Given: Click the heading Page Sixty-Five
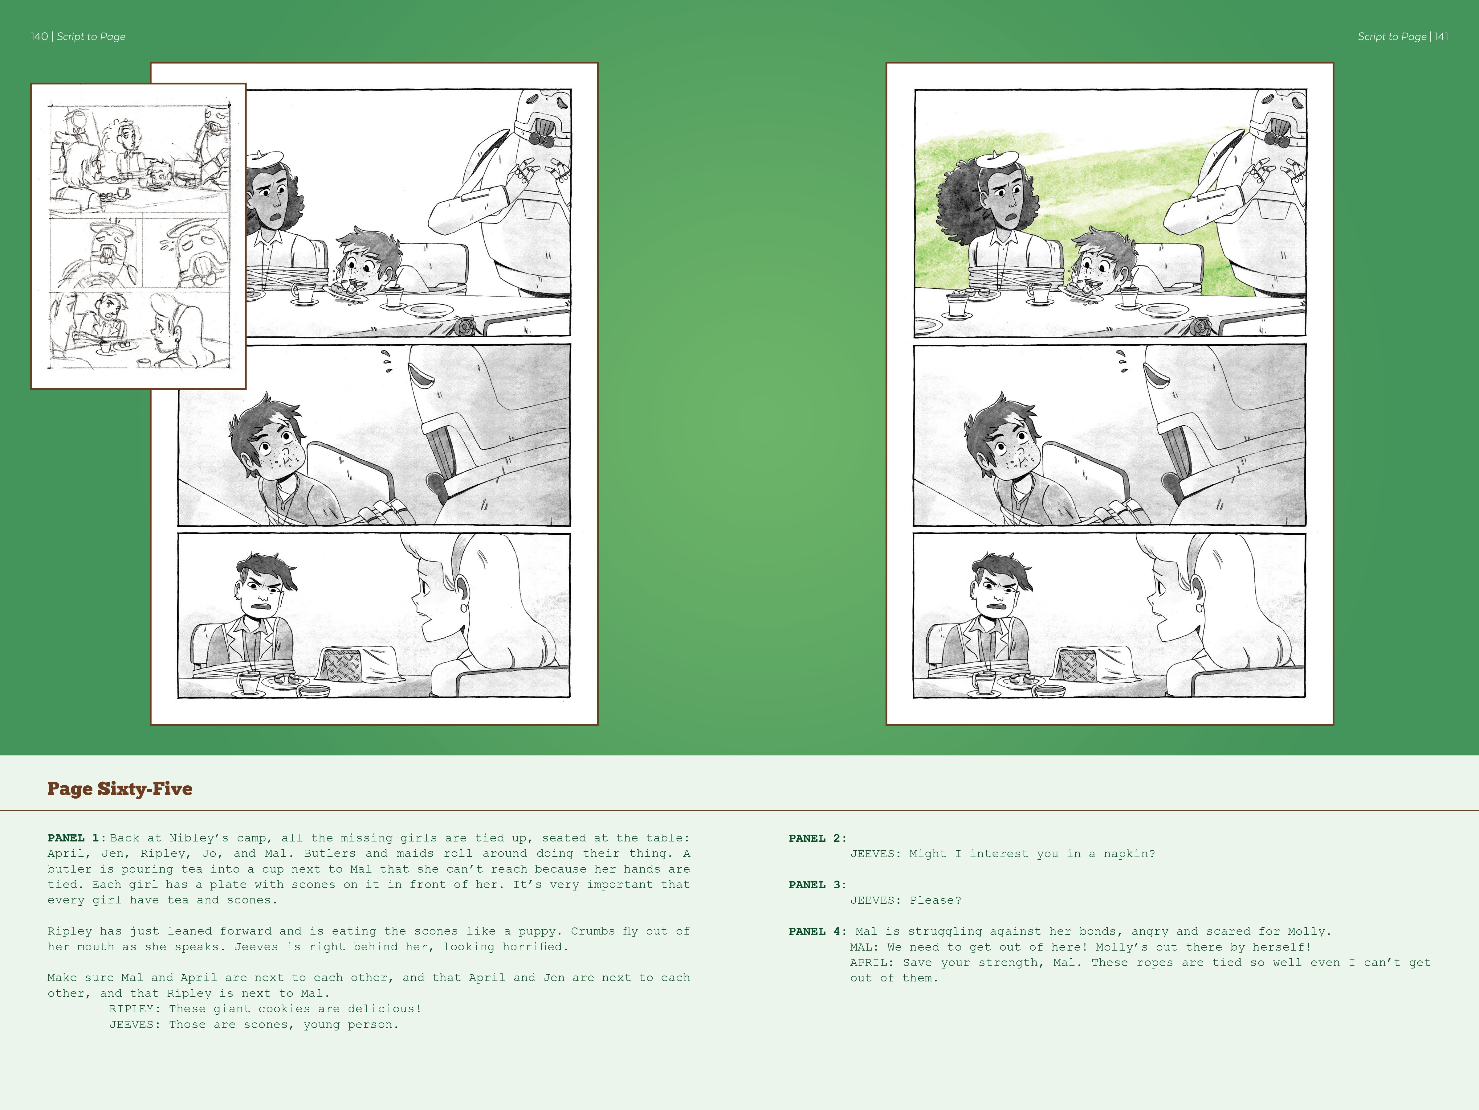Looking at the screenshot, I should click(x=120, y=789).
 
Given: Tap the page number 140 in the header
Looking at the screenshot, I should click(x=39, y=37).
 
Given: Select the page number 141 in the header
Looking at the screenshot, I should click(x=1441, y=37).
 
